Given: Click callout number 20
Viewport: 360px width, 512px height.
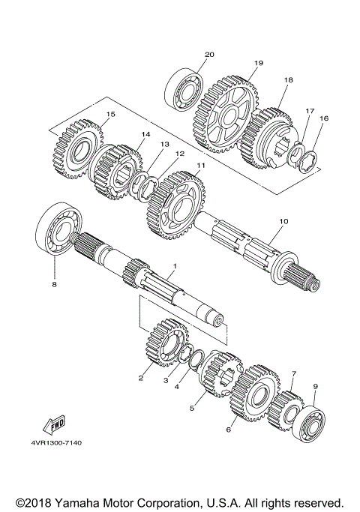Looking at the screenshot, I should click(x=209, y=54).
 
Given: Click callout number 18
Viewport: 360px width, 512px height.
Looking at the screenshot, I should click(x=288, y=79).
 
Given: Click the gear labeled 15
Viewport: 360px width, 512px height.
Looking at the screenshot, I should click(x=77, y=147).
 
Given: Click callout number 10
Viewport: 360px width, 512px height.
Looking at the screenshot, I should click(x=283, y=221).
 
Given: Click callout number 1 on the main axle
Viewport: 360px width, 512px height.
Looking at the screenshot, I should click(x=174, y=266).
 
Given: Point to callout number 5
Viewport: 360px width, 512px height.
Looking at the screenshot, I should click(x=192, y=408).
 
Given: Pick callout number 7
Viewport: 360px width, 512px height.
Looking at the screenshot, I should click(x=295, y=373).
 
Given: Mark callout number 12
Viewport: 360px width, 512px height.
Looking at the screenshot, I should click(x=180, y=154).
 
